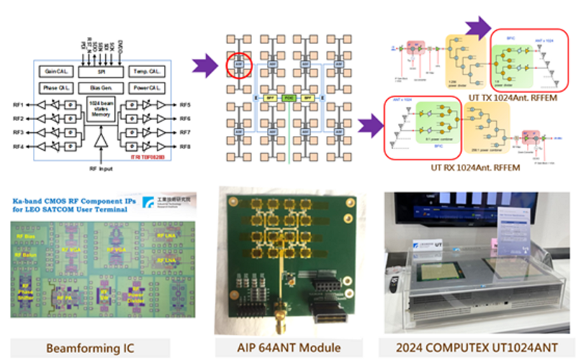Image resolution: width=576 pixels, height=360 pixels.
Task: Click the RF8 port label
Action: (185, 147)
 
